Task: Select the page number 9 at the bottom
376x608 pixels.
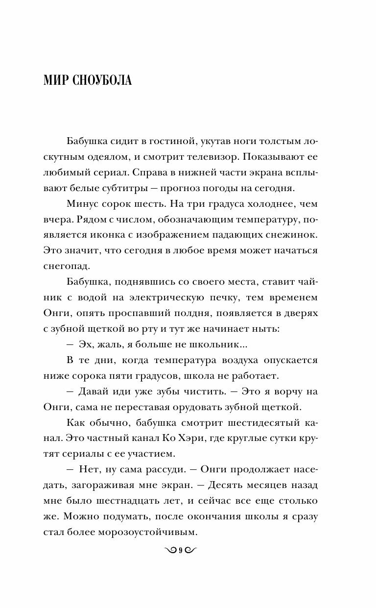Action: tap(180, 550)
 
